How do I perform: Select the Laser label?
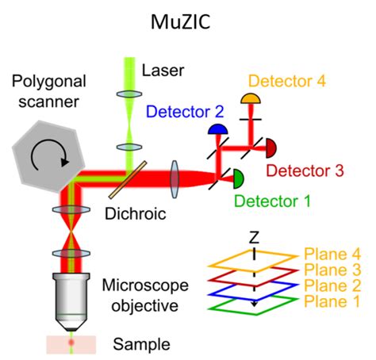coord(161,71)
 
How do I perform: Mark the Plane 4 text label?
coord(332,255)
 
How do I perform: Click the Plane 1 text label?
coord(332,301)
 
